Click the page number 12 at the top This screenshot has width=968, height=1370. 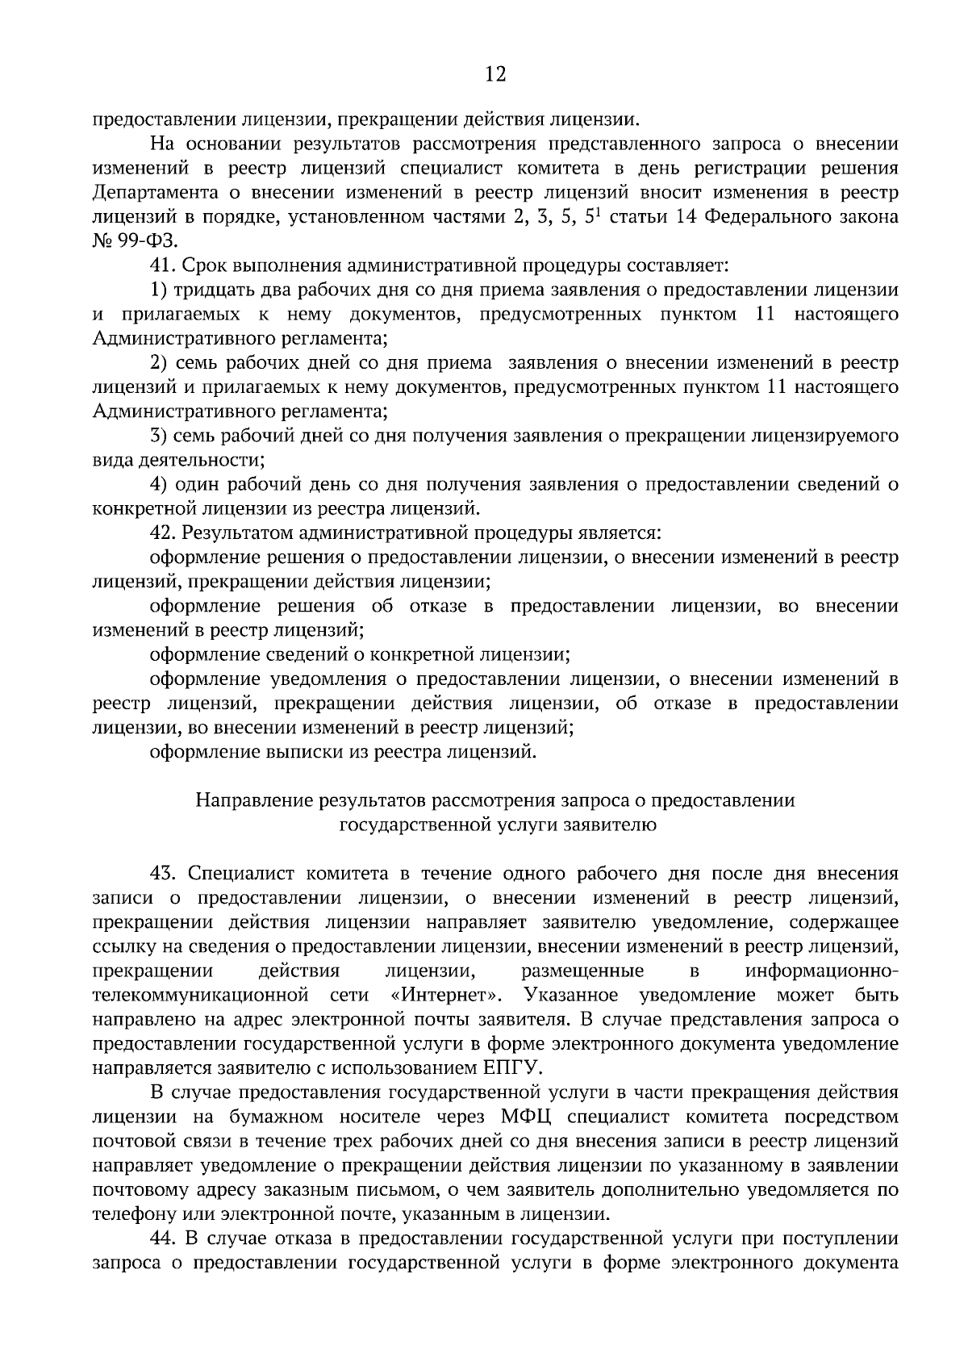(495, 75)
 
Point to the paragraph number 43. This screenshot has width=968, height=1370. (162, 873)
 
